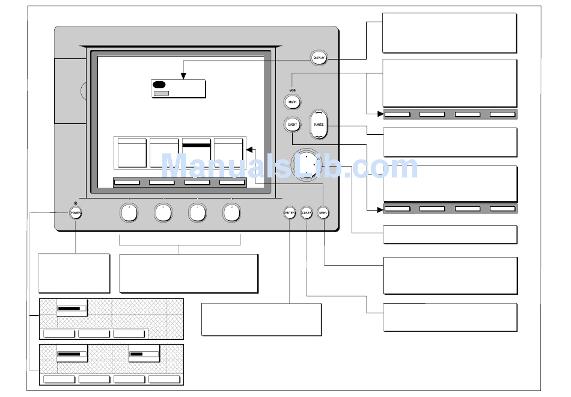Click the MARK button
click(293, 102)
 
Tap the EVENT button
click(293, 125)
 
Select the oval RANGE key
click(319, 125)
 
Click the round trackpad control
click(307, 164)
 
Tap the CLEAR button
click(307, 213)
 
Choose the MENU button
click(323, 213)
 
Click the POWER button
click(75, 213)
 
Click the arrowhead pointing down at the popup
click(183, 76)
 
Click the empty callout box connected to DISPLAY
click(449, 33)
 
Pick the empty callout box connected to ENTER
click(261, 319)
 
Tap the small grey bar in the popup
click(160, 93)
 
